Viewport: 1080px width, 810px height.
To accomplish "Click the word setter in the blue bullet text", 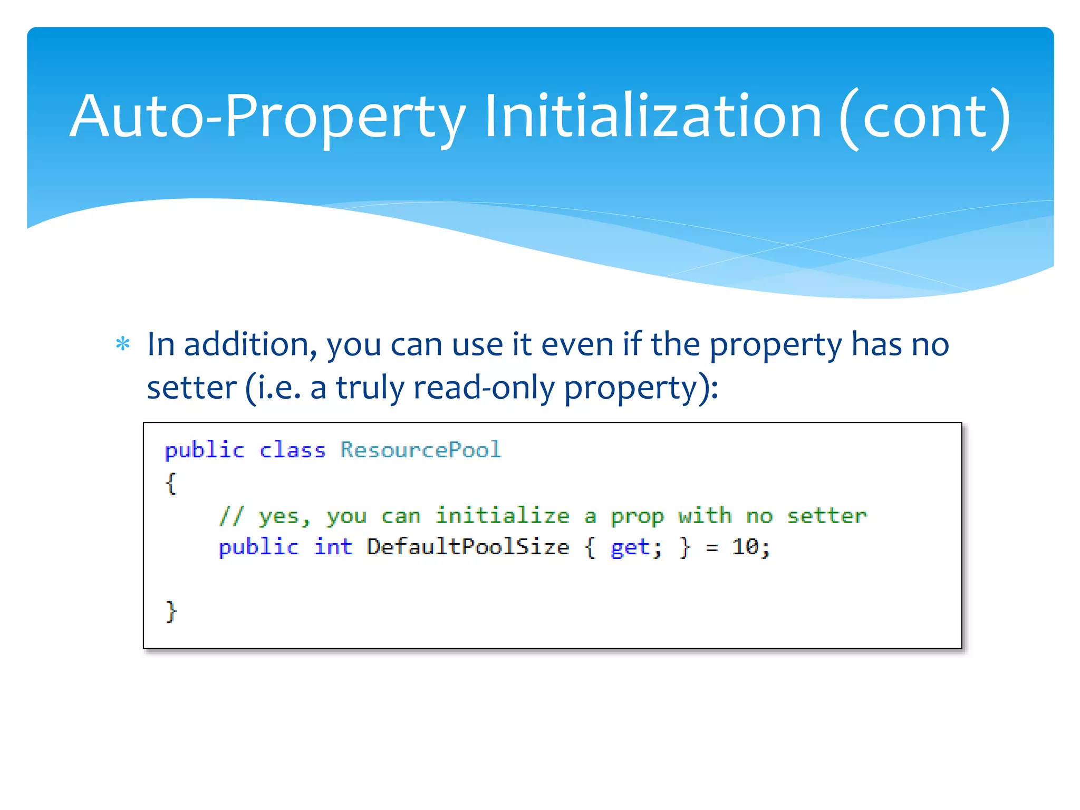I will (191, 388).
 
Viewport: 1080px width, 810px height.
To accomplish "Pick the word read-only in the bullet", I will (484, 388).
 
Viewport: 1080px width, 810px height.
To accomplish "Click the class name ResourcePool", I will (420, 450).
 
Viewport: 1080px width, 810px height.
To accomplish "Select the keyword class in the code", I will (292, 450).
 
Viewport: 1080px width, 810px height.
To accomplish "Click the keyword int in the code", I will (333, 547).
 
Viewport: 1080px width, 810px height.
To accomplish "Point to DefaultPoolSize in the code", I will (468, 547).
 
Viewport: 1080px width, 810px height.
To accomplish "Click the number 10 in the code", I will (745, 547).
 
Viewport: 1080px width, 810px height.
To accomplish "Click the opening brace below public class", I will (170, 483).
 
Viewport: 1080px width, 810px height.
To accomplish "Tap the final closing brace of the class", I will (171, 612).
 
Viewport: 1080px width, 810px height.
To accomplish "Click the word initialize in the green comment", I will (502, 515).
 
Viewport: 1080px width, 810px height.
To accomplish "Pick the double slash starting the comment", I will (231, 515).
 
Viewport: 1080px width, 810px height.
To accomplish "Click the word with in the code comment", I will (705, 515).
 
